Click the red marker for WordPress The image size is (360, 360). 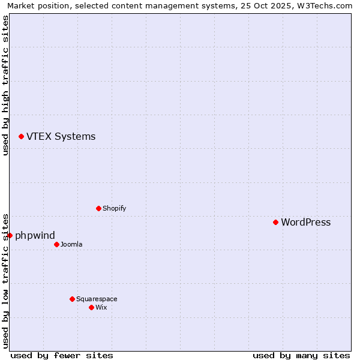coord(275,222)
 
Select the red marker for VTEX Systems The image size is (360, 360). coord(21,137)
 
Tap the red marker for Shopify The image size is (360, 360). coord(98,208)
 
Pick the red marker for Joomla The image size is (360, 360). coord(56,244)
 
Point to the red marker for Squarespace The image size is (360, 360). coord(72,299)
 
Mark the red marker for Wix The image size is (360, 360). coord(91,307)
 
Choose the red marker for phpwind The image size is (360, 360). coord(10,235)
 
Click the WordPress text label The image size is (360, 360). coord(305,223)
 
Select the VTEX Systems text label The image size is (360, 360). coord(61,137)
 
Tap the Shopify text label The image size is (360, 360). coord(114,208)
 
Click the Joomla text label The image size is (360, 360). coord(71,244)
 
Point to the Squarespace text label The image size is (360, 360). coord(97,299)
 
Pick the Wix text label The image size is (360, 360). coord(101,307)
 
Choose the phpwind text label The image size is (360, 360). coord(35,236)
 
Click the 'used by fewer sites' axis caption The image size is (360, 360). coord(62,355)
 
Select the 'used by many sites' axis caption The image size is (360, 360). coord(301,355)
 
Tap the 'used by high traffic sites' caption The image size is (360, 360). coord(5,85)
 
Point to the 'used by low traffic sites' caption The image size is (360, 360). coord(5,280)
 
